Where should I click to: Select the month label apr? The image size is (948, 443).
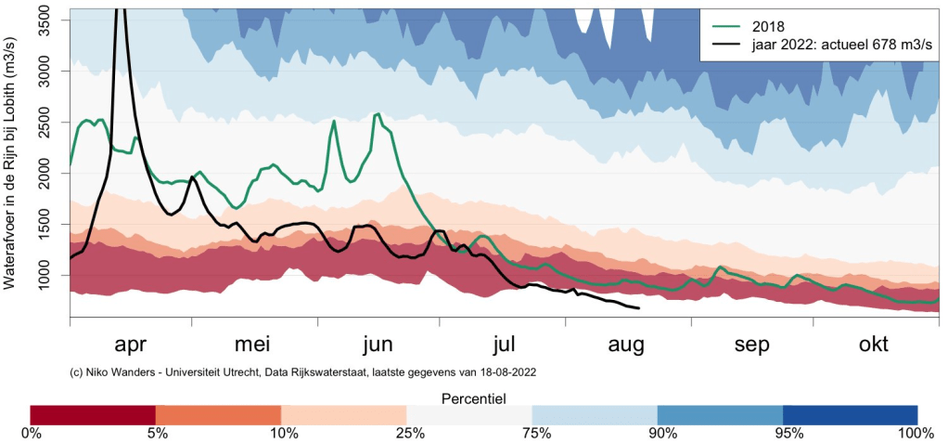(130, 345)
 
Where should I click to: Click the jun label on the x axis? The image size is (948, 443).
(378, 345)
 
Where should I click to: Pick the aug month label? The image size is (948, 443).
(626, 345)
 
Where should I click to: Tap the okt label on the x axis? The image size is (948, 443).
(873, 345)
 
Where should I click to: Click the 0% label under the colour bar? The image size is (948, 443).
(31, 433)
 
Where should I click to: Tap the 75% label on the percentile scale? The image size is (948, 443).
(532, 433)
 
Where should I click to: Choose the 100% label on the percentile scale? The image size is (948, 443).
(916, 433)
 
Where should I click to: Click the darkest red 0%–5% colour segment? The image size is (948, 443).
(93, 414)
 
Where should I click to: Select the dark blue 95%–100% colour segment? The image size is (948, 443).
(850, 414)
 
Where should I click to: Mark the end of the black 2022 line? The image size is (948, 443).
(639, 308)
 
